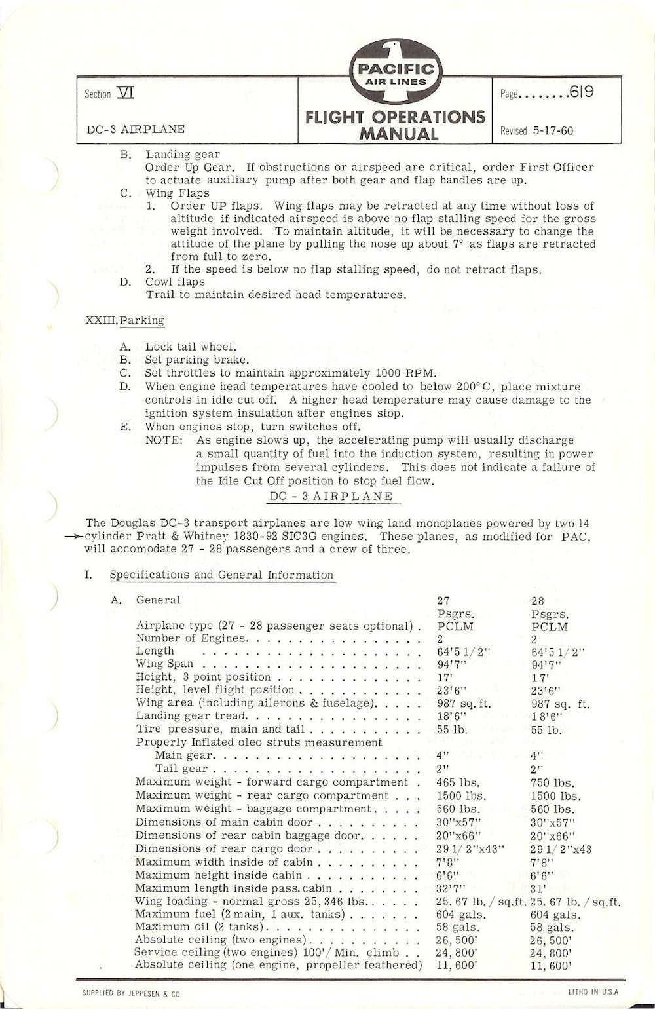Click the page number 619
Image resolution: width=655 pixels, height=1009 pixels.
coord(582,92)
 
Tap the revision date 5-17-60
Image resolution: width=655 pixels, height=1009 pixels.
coord(553,130)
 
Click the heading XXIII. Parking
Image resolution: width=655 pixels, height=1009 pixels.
coord(125,321)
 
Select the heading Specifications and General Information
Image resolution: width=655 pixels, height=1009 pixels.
coord(221,575)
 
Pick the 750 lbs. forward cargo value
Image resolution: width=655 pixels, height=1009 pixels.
coord(552,782)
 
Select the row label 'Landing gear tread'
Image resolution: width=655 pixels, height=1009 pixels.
coord(191,716)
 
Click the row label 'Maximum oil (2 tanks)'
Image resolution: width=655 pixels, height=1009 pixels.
coord(198,927)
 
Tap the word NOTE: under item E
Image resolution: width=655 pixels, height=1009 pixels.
coord(164,440)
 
